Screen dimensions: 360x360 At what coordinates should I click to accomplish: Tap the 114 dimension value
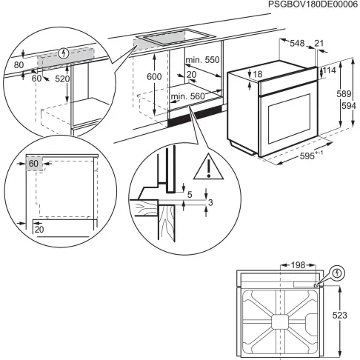pos(331,71)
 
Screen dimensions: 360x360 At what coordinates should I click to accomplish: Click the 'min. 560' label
pos(186,96)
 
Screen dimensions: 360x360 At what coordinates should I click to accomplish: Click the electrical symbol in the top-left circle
pos(64,53)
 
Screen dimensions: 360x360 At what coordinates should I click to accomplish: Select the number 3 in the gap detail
pos(210,203)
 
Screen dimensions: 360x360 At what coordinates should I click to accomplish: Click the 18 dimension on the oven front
pos(257,75)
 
